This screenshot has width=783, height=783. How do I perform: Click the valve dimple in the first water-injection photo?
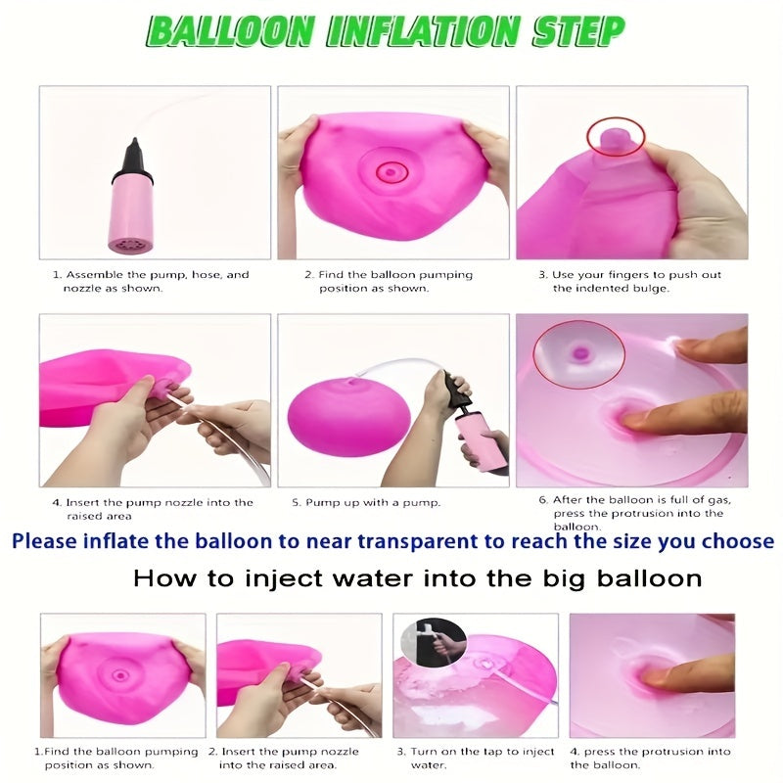point(121,675)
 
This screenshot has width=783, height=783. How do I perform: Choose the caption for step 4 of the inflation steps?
point(152,508)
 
